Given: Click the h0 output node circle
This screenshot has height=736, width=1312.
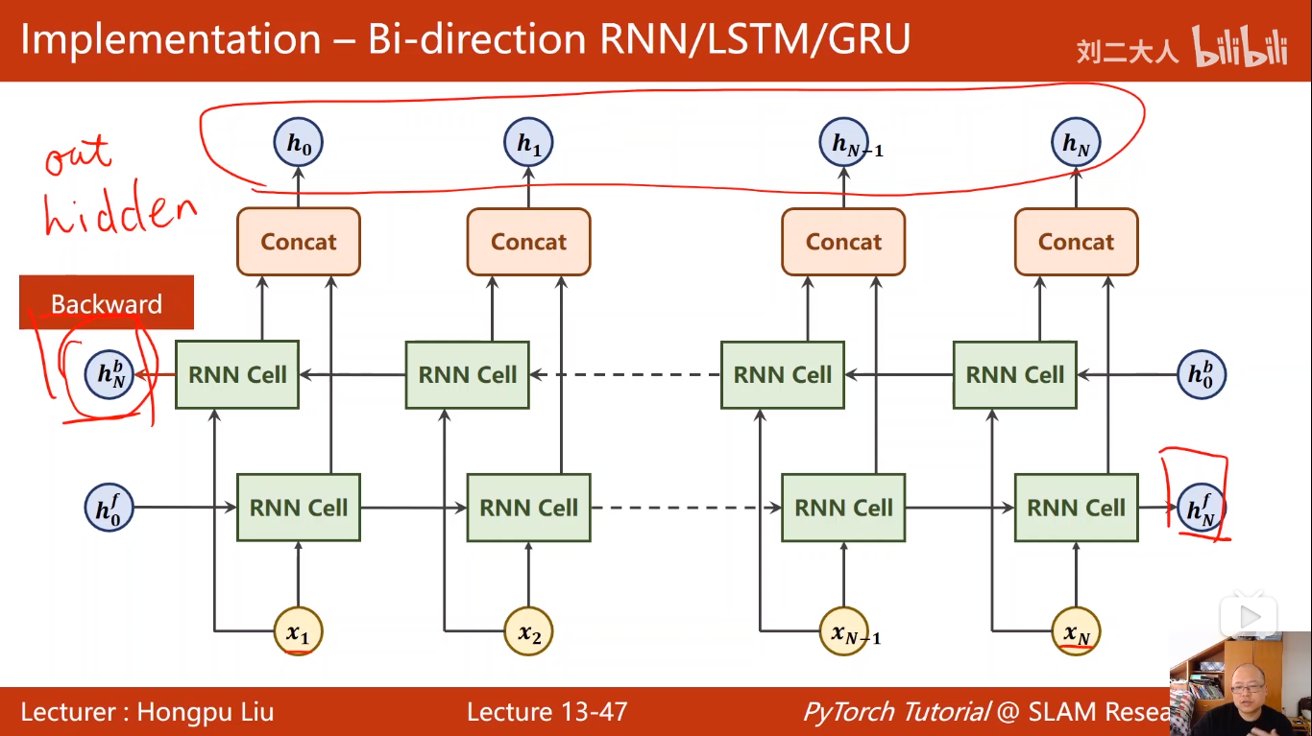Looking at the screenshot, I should click(x=299, y=143).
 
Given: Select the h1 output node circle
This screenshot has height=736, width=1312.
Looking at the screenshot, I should click(x=528, y=143).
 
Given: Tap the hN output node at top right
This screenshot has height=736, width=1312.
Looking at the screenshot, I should click(x=1076, y=143).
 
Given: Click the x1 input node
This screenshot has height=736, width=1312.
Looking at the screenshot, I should click(x=299, y=631).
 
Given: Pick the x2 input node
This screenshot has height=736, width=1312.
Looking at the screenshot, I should click(x=528, y=631).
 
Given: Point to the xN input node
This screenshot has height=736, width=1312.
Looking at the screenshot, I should click(x=1076, y=631).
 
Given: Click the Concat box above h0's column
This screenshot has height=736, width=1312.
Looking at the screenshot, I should click(x=299, y=242).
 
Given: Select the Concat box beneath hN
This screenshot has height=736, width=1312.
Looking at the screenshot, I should click(x=1076, y=242).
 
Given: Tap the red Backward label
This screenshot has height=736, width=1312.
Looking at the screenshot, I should click(x=107, y=303).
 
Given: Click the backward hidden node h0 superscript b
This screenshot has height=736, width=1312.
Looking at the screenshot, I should click(x=1201, y=374).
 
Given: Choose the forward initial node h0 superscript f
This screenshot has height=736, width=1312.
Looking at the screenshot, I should click(x=109, y=508).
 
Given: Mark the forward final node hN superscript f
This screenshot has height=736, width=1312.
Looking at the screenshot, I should click(x=1201, y=508).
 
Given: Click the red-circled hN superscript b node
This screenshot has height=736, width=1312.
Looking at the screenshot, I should click(x=109, y=374).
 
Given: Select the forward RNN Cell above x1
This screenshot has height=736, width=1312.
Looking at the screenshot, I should click(x=299, y=508).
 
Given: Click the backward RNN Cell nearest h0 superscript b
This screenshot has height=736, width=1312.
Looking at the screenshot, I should click(x=1015, y=374).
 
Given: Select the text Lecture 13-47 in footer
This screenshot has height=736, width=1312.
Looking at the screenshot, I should click(x=547, y=712).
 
